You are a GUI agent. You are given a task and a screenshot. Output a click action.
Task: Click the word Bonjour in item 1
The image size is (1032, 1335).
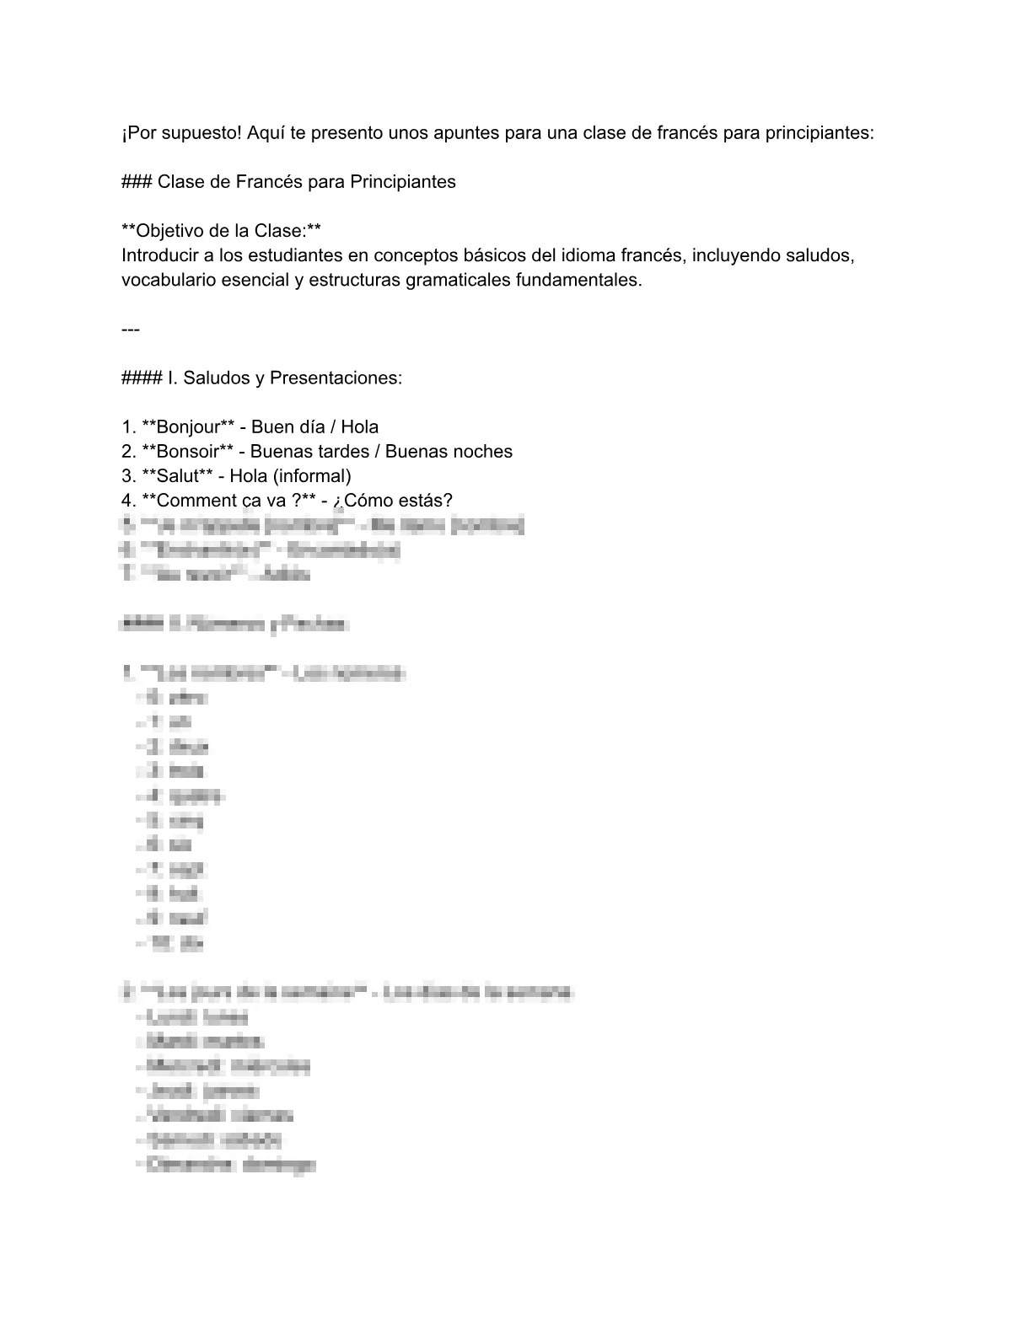tap(187, 426)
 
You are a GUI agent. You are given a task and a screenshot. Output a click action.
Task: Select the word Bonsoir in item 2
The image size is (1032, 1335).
tap(186, 451)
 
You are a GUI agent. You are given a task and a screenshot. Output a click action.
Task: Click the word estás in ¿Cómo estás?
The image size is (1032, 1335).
tap(427, 500)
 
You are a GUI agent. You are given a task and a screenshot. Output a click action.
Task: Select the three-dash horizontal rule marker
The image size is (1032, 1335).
tap(131, 329)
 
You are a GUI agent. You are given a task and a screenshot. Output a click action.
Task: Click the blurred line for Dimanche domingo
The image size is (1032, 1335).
tap(229, 1165)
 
